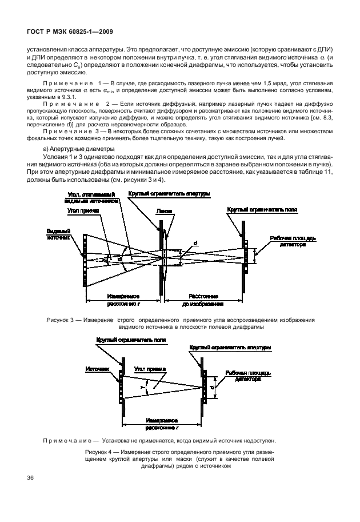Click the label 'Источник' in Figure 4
tap(97, 369)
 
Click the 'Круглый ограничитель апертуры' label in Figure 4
tap(230, 347)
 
